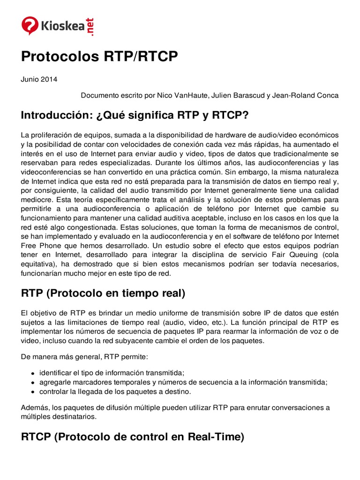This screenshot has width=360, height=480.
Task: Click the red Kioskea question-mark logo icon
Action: pyautogui.click(x=30, y=25)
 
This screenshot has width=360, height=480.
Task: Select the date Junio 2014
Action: pyautogui.click(x=39, y=79)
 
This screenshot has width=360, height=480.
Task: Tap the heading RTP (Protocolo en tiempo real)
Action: pyautogui.click(x=103, y=293)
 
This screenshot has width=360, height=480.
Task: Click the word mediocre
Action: pyautogui.click(x=37, y=200)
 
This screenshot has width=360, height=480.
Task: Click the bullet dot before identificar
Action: pyautogui.click(x=32, y=373)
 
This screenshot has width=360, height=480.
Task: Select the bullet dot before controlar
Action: pyautogui.click(x=32, y=392)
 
